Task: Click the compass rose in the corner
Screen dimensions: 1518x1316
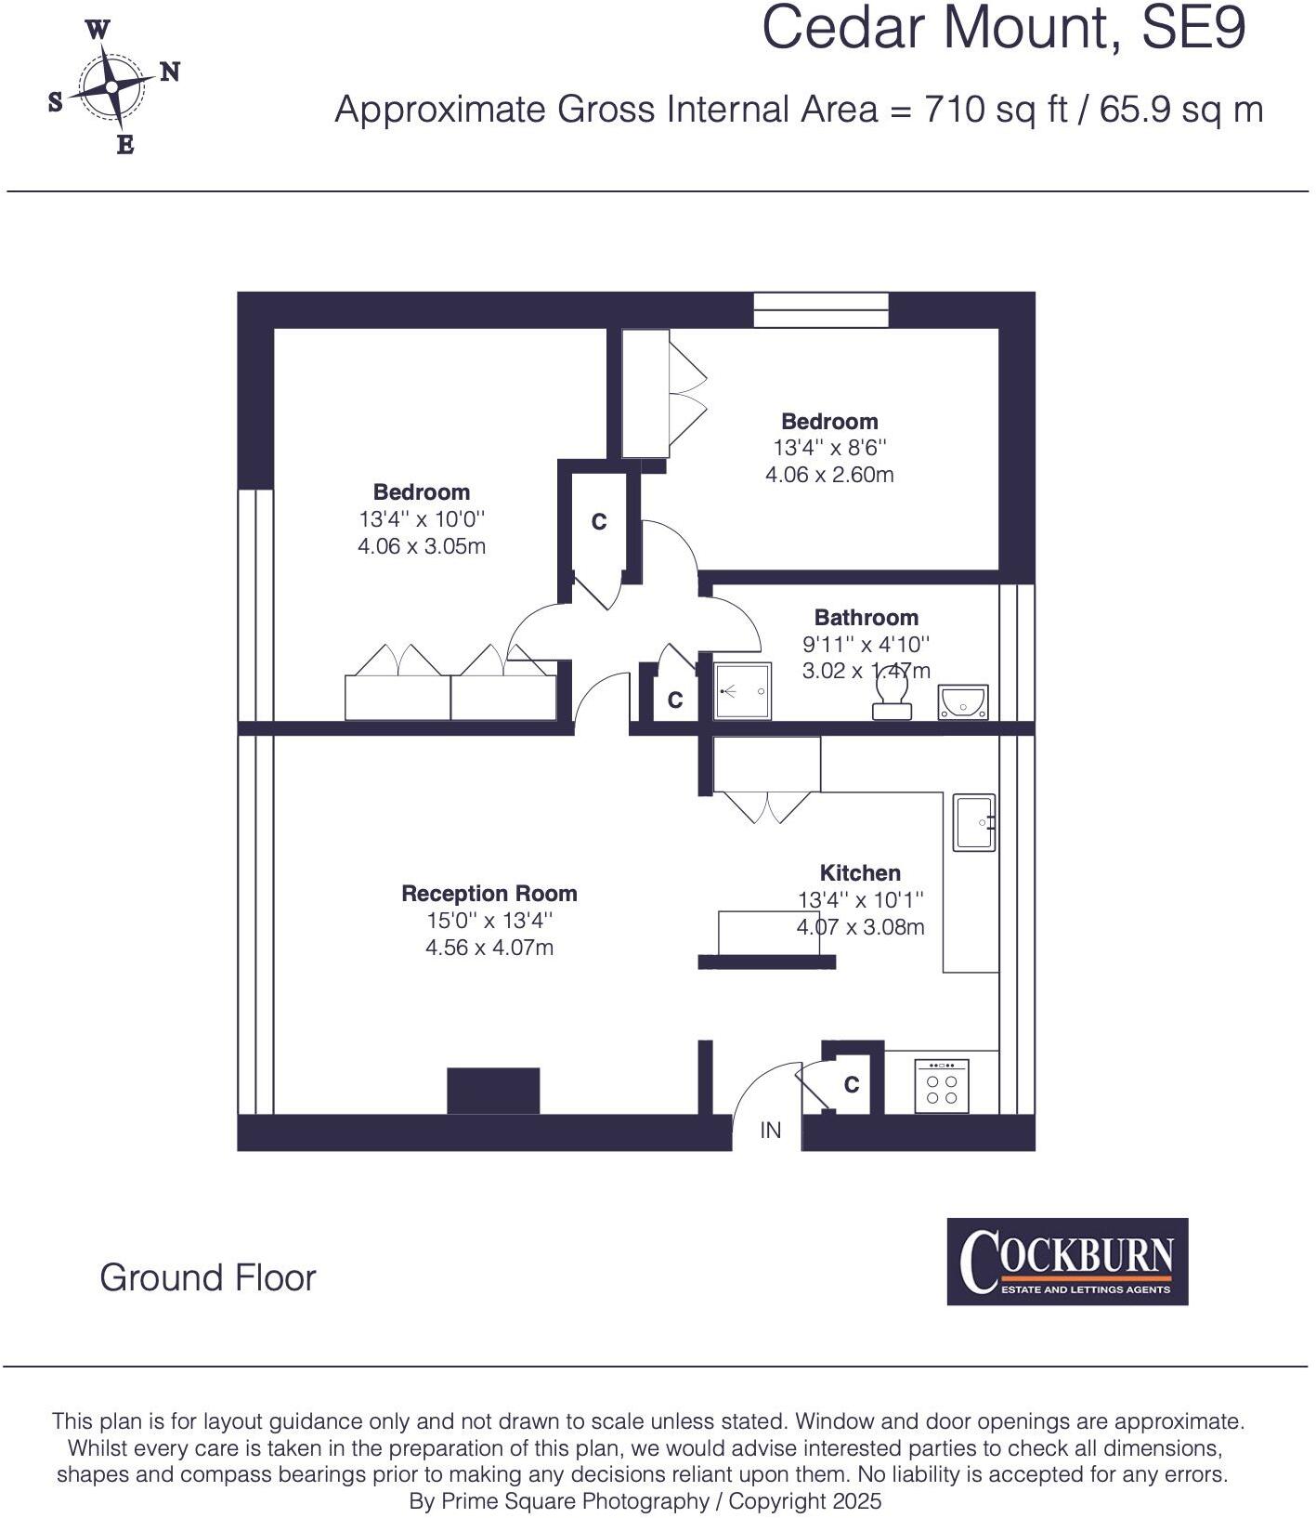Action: pos(112,87)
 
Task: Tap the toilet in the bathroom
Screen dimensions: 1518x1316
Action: pos(893,696)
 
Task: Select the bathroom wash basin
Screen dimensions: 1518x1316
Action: pos(964,701)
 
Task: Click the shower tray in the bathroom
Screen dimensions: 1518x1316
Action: pos(743,691)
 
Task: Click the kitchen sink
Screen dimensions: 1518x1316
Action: pos(974,822)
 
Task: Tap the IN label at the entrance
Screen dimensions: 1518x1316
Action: pos(771,1131)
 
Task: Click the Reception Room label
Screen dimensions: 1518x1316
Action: pos(489,894)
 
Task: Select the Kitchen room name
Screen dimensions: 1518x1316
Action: pos(860,873)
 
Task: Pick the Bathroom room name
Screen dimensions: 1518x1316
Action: pos(866,618)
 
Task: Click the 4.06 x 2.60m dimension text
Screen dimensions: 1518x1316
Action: pos(829,475)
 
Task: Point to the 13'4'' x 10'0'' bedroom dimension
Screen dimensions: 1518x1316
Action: pos(422,519)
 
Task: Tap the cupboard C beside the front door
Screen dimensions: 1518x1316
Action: pos(851,1084)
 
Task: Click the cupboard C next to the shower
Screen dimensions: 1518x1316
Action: pos(675,700)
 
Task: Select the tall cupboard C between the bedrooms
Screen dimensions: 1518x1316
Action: pos(599,522)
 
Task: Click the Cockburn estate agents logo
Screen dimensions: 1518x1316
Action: pos(1067,1262)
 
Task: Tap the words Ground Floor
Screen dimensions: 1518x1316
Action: pos(208,1278)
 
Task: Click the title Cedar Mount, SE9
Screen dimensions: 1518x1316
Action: pos(1003,28)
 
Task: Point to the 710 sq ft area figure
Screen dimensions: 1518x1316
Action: pos(996,110)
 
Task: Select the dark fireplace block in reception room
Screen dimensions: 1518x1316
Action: pos(493,1091)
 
